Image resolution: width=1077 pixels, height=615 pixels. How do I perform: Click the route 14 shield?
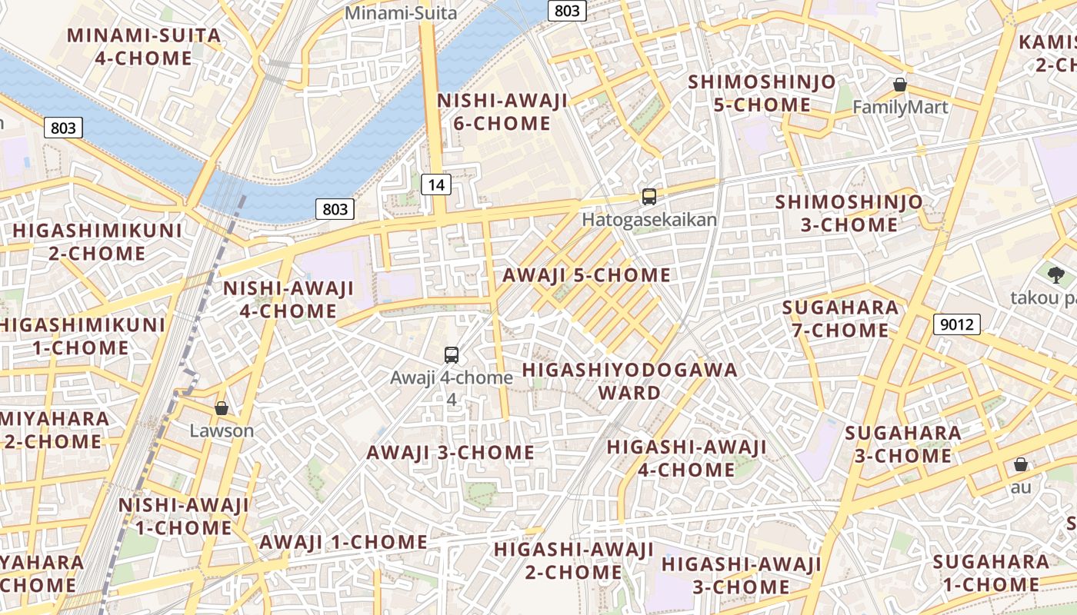(436, 184)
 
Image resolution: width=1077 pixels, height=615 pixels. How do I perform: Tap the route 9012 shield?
(957, 324)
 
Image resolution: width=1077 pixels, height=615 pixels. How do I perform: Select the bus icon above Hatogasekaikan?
(649, 197)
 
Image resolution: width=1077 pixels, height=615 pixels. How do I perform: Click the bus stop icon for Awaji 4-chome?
(452, 355)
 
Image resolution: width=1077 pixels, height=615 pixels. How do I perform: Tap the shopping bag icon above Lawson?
(222, 408)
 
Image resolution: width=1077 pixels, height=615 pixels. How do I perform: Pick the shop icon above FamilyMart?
(900, 85)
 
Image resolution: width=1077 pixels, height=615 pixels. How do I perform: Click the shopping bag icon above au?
(1021, 464)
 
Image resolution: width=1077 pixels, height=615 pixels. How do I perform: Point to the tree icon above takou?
(1055, 274)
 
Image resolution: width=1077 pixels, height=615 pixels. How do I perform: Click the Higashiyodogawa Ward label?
(629, 381)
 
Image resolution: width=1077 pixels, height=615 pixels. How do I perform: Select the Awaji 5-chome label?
(586, 275)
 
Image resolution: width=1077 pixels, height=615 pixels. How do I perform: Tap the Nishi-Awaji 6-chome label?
(503, 112)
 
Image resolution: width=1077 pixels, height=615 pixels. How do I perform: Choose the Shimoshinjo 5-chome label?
(762, 94)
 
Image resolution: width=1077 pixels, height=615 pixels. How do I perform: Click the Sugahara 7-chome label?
(840, 319)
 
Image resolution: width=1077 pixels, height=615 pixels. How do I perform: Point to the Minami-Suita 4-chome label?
(144, 47)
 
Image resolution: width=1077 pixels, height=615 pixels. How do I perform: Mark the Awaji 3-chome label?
(450, 453)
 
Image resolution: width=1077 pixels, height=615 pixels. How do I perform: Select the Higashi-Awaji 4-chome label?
(686, 458)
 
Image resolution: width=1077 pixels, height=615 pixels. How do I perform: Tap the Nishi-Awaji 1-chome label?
(184, 517)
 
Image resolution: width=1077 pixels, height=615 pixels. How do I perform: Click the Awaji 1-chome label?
(343, 542)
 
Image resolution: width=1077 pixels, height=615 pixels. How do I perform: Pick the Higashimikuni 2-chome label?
(97, 242)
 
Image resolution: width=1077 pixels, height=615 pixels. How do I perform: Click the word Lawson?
(222, 430)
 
